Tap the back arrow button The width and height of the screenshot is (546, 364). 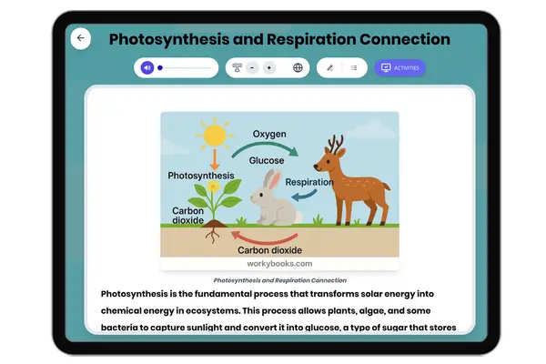[81, 38]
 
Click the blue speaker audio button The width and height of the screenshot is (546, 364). [147, 67]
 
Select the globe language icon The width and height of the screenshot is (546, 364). [298, 67]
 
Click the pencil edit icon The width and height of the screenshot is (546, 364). [329, 67]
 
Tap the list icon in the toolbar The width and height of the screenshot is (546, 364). [354, 67]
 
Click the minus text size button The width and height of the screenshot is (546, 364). [251, 67]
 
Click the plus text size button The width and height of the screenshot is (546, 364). [268, 67]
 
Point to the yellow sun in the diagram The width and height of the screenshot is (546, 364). [214, 136]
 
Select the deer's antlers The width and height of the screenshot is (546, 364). [336, 143]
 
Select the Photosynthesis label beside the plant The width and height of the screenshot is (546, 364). [201, 175]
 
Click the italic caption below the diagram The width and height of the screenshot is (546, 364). [279, 280]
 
